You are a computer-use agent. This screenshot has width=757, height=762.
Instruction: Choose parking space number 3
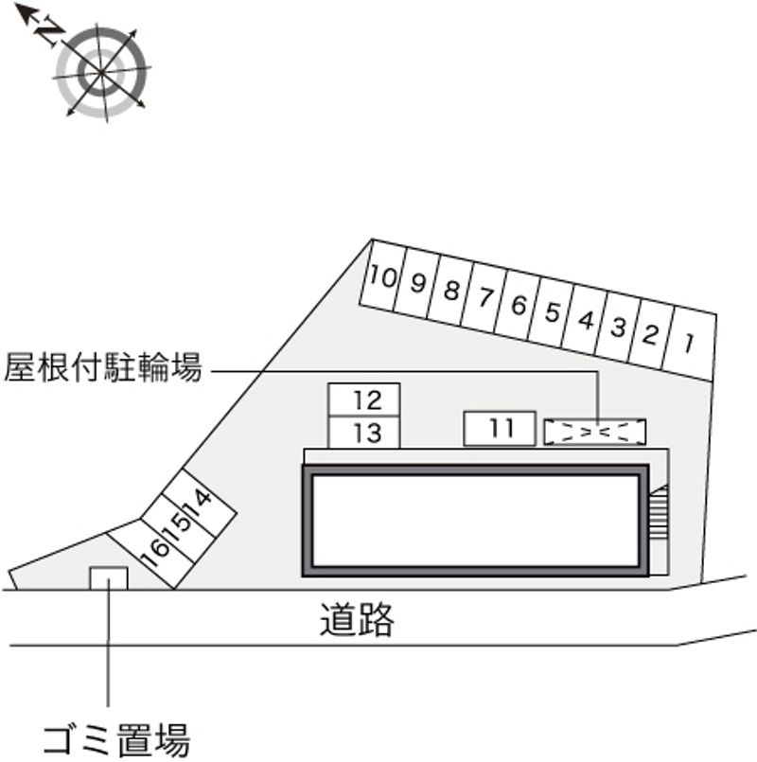[x=619, y=327]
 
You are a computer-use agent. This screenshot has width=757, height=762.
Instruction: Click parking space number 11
[x=501, y=429]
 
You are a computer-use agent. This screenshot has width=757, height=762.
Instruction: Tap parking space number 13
[x=364, y=433]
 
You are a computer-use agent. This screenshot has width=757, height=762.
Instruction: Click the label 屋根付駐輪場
[x=104, y=368]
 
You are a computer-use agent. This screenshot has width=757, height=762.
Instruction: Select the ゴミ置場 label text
[x=115, y=737]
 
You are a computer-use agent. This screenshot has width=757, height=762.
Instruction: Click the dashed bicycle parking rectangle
[x=595, y=432]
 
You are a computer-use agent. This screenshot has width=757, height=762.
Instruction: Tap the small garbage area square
[x=108, y=577]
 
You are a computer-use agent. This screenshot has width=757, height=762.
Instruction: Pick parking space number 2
[x=651, y=333]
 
